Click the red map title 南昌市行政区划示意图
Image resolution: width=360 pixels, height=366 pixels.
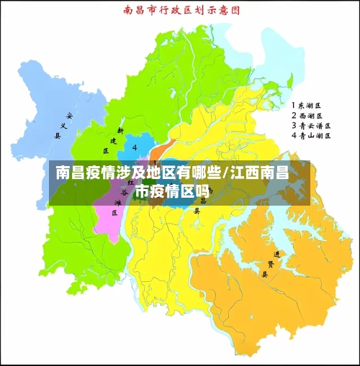(180, 11)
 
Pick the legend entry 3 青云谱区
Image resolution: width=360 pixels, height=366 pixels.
(310, 125)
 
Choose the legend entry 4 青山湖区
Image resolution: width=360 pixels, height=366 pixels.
(310, 135)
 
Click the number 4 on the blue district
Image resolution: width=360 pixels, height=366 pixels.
(135, 147)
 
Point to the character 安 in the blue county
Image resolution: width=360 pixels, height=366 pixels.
(69, 115)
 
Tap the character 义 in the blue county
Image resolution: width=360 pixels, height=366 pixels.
(63, 125)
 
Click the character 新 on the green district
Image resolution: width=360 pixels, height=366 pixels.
(121, 132)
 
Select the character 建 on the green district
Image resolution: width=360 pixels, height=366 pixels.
(114, 141)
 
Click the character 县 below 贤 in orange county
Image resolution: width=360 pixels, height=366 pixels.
(264, 274)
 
